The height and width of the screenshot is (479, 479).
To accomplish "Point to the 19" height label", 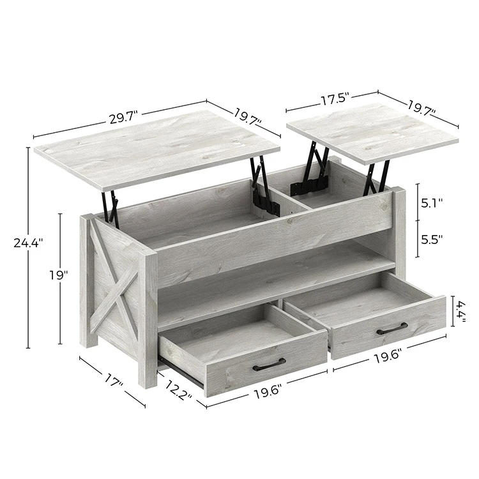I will coord(58,275).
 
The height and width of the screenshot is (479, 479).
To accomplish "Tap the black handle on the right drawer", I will coord(392,328).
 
